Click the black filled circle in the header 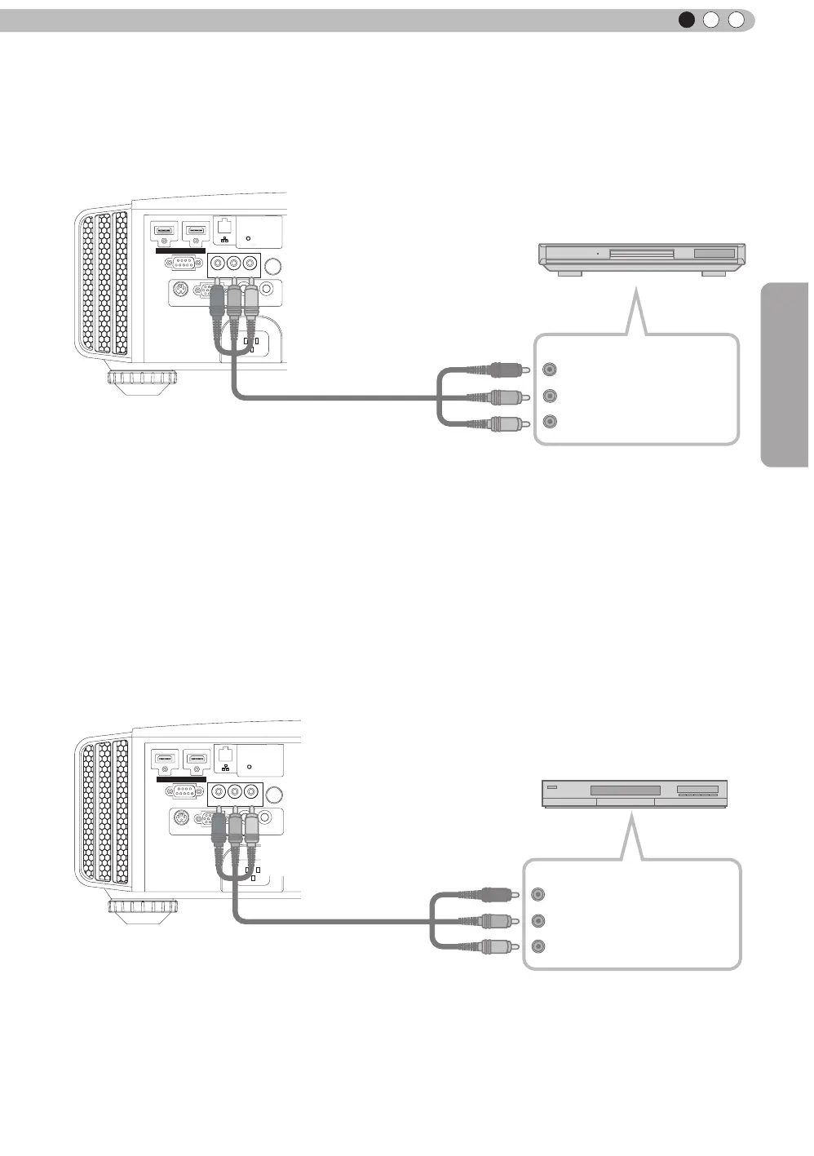click(687, 20)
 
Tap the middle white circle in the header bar click(711, 20)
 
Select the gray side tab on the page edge click(785, 374)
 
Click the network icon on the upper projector click(225, 239)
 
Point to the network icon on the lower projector click(225, 768)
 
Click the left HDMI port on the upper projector click(165, 231)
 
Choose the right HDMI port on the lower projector click(196, 759)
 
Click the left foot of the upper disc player click(569, 274)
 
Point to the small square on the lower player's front click(552, 788)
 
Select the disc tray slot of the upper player click(641, 254)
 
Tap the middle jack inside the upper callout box click(551, 396)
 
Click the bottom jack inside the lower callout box click(538, 946)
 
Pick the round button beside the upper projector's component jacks click(274, 266)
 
